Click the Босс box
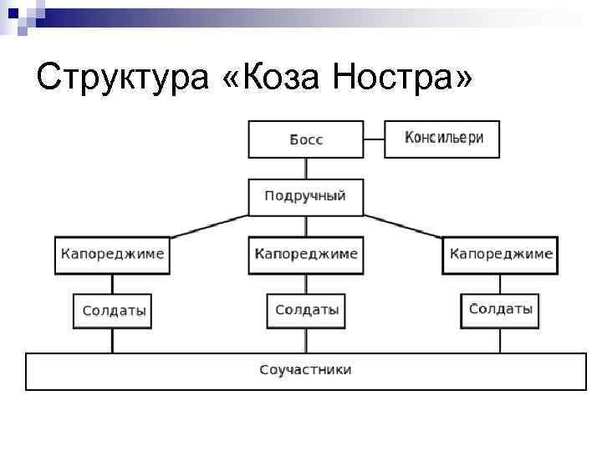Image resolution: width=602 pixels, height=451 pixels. coord(306,139)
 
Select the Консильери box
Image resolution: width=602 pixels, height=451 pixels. coord(441,139)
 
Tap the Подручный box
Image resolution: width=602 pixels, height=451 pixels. coord(305,197)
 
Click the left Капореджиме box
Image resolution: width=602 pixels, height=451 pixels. coord(112,254)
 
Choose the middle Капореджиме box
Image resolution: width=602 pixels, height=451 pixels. coord(306,254)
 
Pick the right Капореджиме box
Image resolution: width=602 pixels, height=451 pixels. coord(500,254)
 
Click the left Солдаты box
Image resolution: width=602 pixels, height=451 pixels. coord(113,311)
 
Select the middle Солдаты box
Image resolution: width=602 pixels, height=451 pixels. coord(306,310)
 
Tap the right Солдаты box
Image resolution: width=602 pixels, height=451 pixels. coord(500,310)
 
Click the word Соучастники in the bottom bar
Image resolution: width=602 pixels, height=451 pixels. coord(305,370)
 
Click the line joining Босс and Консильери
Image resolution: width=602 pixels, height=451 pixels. coord(374,139)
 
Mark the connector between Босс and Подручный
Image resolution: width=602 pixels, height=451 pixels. coord(306,168)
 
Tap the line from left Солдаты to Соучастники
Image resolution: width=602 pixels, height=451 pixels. coord(113,341)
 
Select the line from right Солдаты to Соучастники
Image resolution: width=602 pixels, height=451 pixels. coord(500,341)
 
